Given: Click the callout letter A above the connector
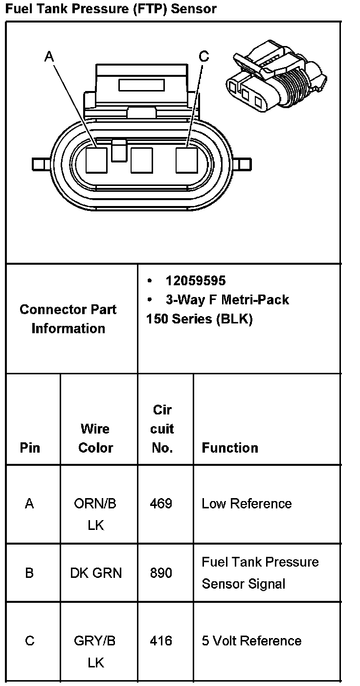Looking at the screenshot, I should point(49,57).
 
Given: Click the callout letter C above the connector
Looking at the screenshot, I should point(203,57).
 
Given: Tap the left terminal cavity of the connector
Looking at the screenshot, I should point(96,160).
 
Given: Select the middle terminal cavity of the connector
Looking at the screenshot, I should point(142,160).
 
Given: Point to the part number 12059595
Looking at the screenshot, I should point(195,281).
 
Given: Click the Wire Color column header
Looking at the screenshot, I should point(95,438).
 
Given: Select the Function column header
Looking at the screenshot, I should point(230,448).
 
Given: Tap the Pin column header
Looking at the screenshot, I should point(30,448).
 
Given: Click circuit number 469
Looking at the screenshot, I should point(161,503).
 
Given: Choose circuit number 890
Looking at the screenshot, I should point(161,572).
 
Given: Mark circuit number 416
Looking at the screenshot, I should point(161,641).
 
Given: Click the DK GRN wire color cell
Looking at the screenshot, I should point(96,572).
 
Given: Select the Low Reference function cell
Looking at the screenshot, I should point(247,503).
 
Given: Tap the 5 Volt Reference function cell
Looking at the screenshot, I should point(251,641).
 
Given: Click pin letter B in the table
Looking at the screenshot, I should point(29,572).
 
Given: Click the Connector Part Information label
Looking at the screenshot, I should point(68,319).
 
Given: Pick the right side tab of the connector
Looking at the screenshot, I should point(245,163).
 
